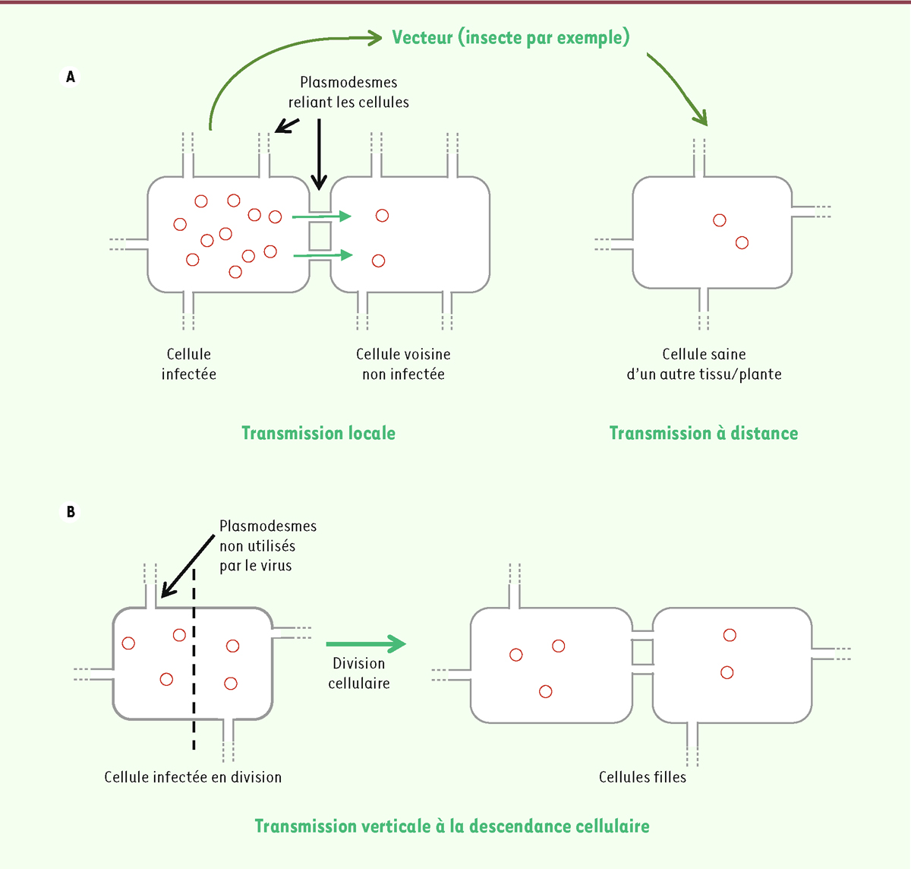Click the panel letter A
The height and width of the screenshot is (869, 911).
click(71, 77)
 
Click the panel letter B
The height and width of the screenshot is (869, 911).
click(71, 512)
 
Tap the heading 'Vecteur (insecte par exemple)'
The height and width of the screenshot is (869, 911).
click(510, 37)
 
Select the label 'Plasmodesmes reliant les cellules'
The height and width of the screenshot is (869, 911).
click(348, 92)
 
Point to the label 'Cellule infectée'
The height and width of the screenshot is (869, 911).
click(189, 364)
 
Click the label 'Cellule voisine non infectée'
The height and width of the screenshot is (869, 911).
click(403, 364)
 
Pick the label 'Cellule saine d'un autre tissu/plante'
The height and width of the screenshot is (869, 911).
click(704, 364)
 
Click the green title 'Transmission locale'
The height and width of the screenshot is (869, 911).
click(318, 433)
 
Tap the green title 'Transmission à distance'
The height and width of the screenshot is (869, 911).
click(703, 433)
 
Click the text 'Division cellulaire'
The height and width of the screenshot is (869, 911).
click(359, 673)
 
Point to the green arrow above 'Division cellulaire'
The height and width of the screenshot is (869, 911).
click(366, 644)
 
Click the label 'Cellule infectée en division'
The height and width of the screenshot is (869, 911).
click(193, 777)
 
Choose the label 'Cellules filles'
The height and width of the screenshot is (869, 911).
click(642, 777)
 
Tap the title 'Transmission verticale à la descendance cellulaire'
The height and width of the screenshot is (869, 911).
click(452, 826)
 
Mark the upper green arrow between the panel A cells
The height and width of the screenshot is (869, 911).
click(323, 216)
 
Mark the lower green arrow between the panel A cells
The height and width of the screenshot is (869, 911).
click(323, 255)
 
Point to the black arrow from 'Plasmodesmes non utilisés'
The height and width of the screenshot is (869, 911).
click(188, 565)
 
